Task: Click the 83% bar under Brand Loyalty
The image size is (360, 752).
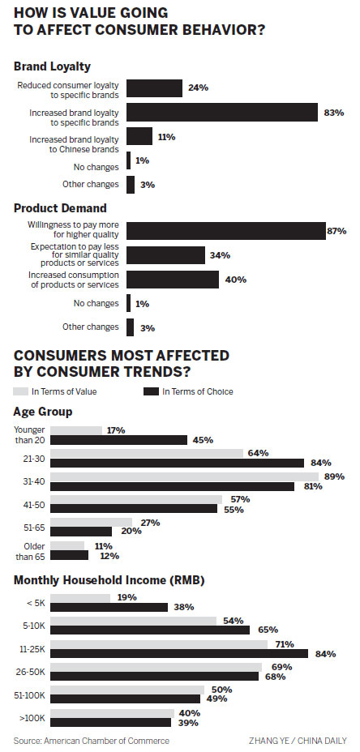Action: click(221, 112)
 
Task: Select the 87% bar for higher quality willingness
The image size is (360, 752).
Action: click(225, 230)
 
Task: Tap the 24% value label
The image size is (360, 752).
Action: click(198, 88)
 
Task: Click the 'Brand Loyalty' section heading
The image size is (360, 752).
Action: click(53, 66)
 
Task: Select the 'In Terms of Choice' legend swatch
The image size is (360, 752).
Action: click(151, 391)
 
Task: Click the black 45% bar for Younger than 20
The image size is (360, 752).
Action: click(118, 440)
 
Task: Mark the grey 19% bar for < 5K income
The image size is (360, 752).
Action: click(79, 598)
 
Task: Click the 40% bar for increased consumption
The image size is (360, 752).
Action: click(172, 280)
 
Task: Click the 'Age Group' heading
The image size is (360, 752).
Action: click(42, 412)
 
